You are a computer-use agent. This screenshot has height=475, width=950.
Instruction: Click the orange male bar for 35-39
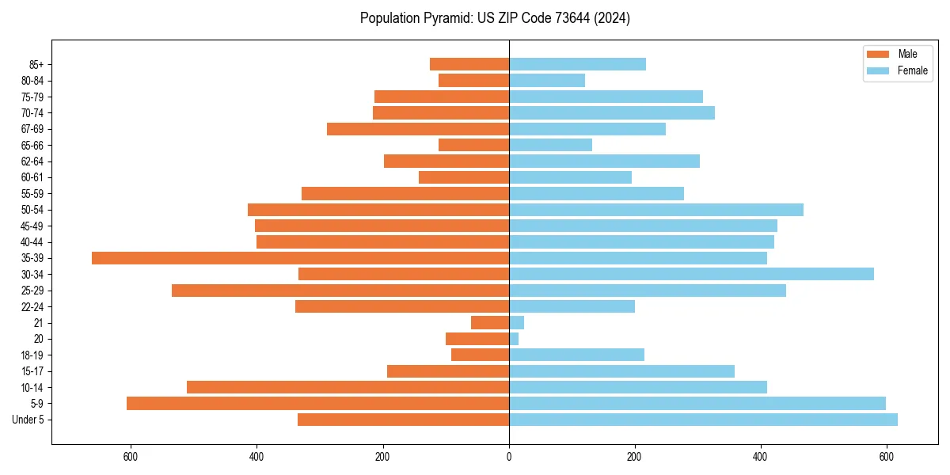pos(301,258)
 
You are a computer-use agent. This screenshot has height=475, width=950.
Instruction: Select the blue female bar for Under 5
pos(703,420)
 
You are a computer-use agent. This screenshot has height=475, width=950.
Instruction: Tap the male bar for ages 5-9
pos(317,404)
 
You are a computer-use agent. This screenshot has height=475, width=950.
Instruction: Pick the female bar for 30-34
pos(691,274)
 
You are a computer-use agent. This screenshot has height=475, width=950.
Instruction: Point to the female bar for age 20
pos(514,339)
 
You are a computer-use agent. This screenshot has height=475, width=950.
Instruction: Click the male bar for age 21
pos(490,323)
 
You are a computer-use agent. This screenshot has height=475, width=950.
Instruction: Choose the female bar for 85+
pos(577,64)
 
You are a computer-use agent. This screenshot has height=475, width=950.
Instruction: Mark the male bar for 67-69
pos(418,129)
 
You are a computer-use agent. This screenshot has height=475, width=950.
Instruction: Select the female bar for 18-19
pos(576,355)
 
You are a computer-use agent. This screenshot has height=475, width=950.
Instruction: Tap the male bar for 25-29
pos(340,291)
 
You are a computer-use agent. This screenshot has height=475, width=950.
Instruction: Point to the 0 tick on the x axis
pos(509,457)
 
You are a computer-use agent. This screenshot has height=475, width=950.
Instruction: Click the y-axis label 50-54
pos(32,210)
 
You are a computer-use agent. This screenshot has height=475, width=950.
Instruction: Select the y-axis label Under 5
pos(28,420)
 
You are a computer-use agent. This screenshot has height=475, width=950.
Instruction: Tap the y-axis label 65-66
pos(32,145)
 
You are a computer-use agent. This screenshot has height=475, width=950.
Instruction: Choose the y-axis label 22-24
pos(32,306)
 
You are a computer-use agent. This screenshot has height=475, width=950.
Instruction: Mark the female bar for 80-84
pos(547,80)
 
